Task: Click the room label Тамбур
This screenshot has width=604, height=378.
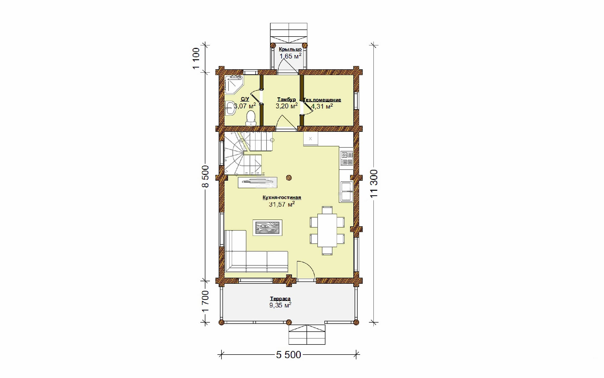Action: click(x=286, y=99)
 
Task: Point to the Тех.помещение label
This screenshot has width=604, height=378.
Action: click(x=322, y=100)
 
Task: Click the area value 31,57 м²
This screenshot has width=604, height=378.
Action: click(x=282, y=204)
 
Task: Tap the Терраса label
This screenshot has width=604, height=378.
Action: click(x=280, y=299)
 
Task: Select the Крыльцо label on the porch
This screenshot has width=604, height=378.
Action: click(x=290, y=49)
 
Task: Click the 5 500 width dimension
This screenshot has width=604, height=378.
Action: click(x=289, y=355)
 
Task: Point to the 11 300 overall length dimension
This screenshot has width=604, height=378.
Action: click(x=374, y=184)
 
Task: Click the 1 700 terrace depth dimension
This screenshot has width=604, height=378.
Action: click(x=205, y=301)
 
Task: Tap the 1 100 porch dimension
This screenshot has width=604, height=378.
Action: click(x=196, y=58)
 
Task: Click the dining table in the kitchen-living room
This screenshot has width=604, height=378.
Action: click(x=327, y=230)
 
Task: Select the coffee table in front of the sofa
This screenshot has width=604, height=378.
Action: click(x=267, y=228)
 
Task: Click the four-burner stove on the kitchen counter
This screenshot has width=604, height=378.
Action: click(x=347, y=158)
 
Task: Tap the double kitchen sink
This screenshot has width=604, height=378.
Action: click(x=347, y=192)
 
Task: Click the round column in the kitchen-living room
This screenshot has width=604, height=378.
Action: click(x=289, y=178)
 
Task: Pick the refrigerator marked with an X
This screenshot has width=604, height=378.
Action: click(x=311, y=139)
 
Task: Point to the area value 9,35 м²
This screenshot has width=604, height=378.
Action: click(x=280, y=305)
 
